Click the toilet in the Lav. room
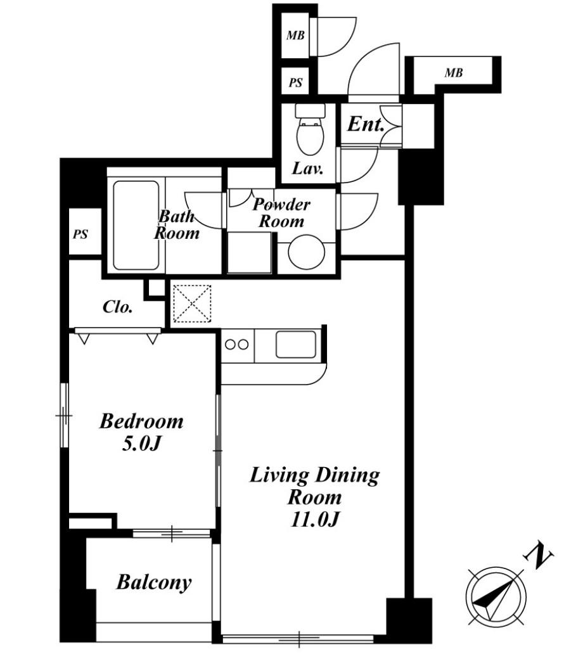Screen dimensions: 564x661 (x=311, y=129)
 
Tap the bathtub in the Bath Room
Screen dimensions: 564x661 (x=136, y=226)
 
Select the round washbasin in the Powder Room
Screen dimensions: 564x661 (x=307, y=252)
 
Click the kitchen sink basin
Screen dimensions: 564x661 (x=296, y=344)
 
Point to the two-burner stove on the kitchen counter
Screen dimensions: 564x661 (x=237, y=345)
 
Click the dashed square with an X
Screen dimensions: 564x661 (x=193, y=304)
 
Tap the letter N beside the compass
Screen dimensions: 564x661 (x=538, y=556)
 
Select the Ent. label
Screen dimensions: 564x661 (x=366, y=124)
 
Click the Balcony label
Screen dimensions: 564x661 (x=154, y=583)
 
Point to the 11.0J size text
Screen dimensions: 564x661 (x=314, y=520)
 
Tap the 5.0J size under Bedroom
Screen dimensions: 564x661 (x=141, y=444)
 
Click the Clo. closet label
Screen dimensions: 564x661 (x=118, y=307)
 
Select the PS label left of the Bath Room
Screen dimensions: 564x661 (x=80, y=234)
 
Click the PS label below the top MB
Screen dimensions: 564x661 (x=295, y=82)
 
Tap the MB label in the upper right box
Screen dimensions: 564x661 (x=454, y=73)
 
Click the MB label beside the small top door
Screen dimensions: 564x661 (x=295, y=35)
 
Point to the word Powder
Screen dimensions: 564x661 (x=281, y=205)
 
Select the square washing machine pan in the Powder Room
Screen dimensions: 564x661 (x=249, y=252)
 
